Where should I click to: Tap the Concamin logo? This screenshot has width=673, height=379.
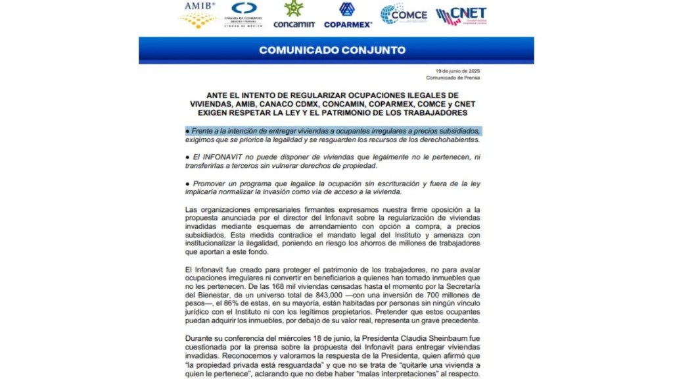[x=294, y=14]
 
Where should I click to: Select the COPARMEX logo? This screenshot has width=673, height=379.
[x=346, y=14]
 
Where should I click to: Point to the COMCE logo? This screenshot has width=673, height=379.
[x=404, y=14]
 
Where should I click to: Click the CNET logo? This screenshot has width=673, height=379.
[x=461, y=15]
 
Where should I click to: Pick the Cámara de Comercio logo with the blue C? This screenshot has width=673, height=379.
[x=244, y=13]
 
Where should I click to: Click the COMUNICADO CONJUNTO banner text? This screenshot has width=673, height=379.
[x=336, y=50]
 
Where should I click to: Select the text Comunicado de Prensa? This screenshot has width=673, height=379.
[x=453, y=78]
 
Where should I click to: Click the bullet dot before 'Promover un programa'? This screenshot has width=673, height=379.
[x=187, y=183]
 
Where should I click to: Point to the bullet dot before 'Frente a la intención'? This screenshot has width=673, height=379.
[x=187, y=131]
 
